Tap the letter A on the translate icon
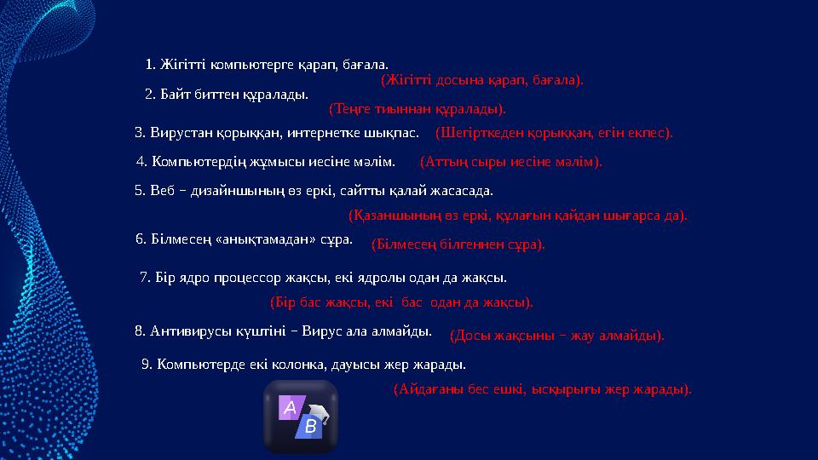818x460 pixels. [x=290, y=409]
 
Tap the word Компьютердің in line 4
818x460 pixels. [x=191, y=160]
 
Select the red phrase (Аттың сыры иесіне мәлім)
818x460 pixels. [x=511, y=161]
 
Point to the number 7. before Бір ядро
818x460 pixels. [x=144, y=277]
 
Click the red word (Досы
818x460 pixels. [x=468, y=336]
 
